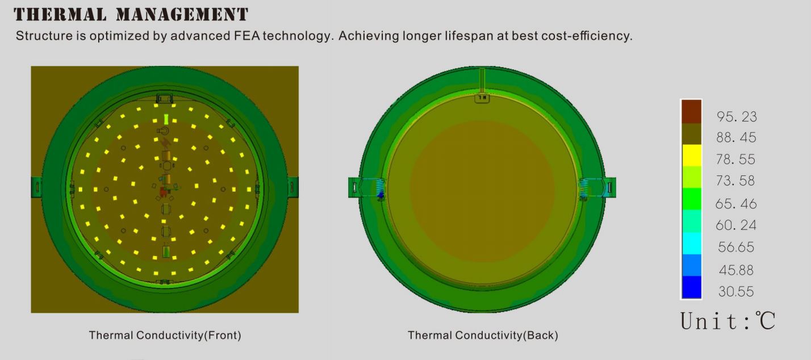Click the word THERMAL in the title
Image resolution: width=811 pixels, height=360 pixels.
(x=60, y=15)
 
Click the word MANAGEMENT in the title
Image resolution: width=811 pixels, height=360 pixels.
(x=182, y=15)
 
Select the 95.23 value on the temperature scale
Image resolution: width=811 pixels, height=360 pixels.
(x=737, y=116)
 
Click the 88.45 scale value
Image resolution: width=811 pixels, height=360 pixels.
(x=737, y=137)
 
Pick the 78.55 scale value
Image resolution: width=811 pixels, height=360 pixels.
(x=735, y=159)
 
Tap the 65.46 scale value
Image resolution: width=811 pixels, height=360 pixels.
(x=736, y=204)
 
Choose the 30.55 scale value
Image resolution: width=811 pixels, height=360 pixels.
(x=736, y=292)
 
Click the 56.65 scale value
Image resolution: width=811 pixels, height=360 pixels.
(x=736, y=247)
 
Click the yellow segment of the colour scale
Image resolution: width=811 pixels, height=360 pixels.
(x=692, y=155)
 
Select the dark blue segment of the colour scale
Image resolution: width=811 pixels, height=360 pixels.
(x=692, y=287)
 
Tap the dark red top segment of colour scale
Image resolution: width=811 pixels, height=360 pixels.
(x=692, y=112)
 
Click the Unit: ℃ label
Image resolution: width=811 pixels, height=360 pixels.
(x=728, y=321)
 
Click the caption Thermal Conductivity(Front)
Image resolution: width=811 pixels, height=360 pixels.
(x=165, y=336)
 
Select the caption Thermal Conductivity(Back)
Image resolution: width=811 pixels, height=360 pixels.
(x=483, y=336)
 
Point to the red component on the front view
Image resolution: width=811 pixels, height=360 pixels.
(x=164, y=191)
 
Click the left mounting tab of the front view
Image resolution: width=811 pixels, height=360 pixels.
(x=36, y=187)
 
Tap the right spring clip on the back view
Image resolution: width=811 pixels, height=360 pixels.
(x=584, y=189)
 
